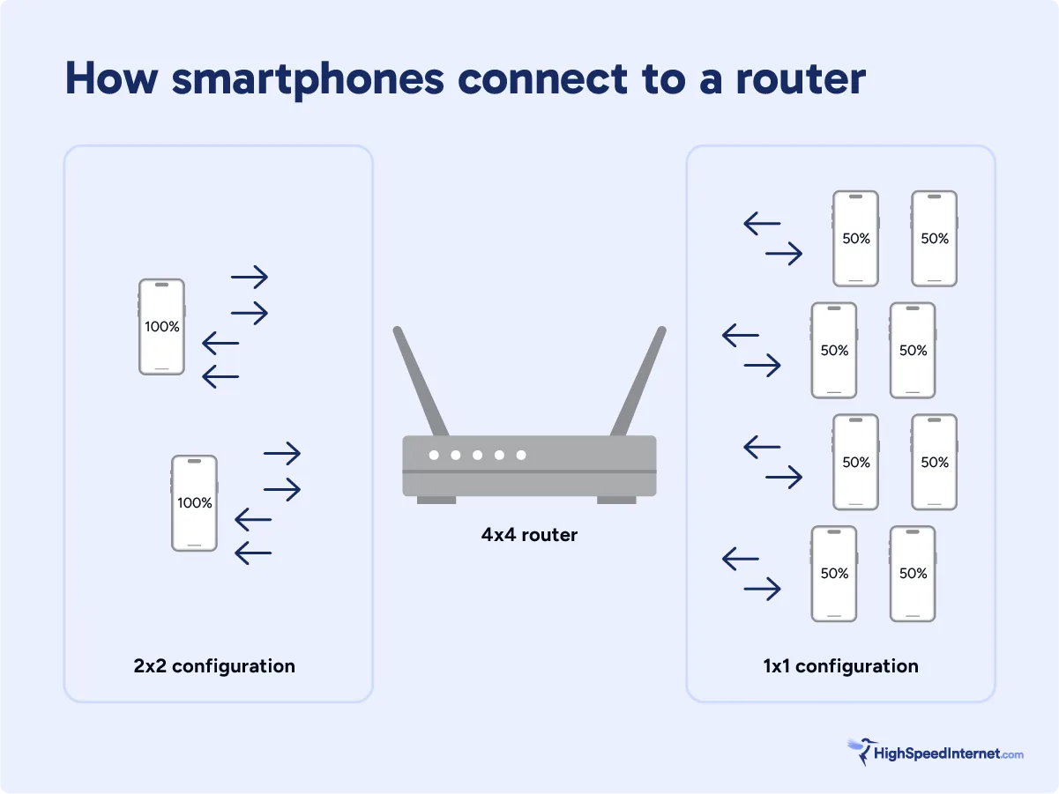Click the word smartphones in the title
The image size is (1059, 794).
(308, 79)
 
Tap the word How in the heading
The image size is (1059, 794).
(110, 79)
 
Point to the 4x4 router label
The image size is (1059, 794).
(529, 535)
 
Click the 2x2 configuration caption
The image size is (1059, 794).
(214, 665)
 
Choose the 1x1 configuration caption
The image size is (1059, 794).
(840, 666)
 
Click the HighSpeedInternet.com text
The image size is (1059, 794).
(948, 753)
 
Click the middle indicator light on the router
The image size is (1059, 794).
(477, 455)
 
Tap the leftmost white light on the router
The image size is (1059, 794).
(434, 455)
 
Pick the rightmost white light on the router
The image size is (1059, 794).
(521, 455)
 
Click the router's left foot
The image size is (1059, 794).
(436, 500)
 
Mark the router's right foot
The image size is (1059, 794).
(616, 500)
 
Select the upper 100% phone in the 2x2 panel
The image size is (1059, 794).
(161, 327)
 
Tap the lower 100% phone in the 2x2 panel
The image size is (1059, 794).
(194, 503)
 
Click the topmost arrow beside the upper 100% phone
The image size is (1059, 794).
(250, 277)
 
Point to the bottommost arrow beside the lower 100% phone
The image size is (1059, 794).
(253, 553)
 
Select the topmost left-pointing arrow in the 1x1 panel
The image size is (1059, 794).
(763, 224)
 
